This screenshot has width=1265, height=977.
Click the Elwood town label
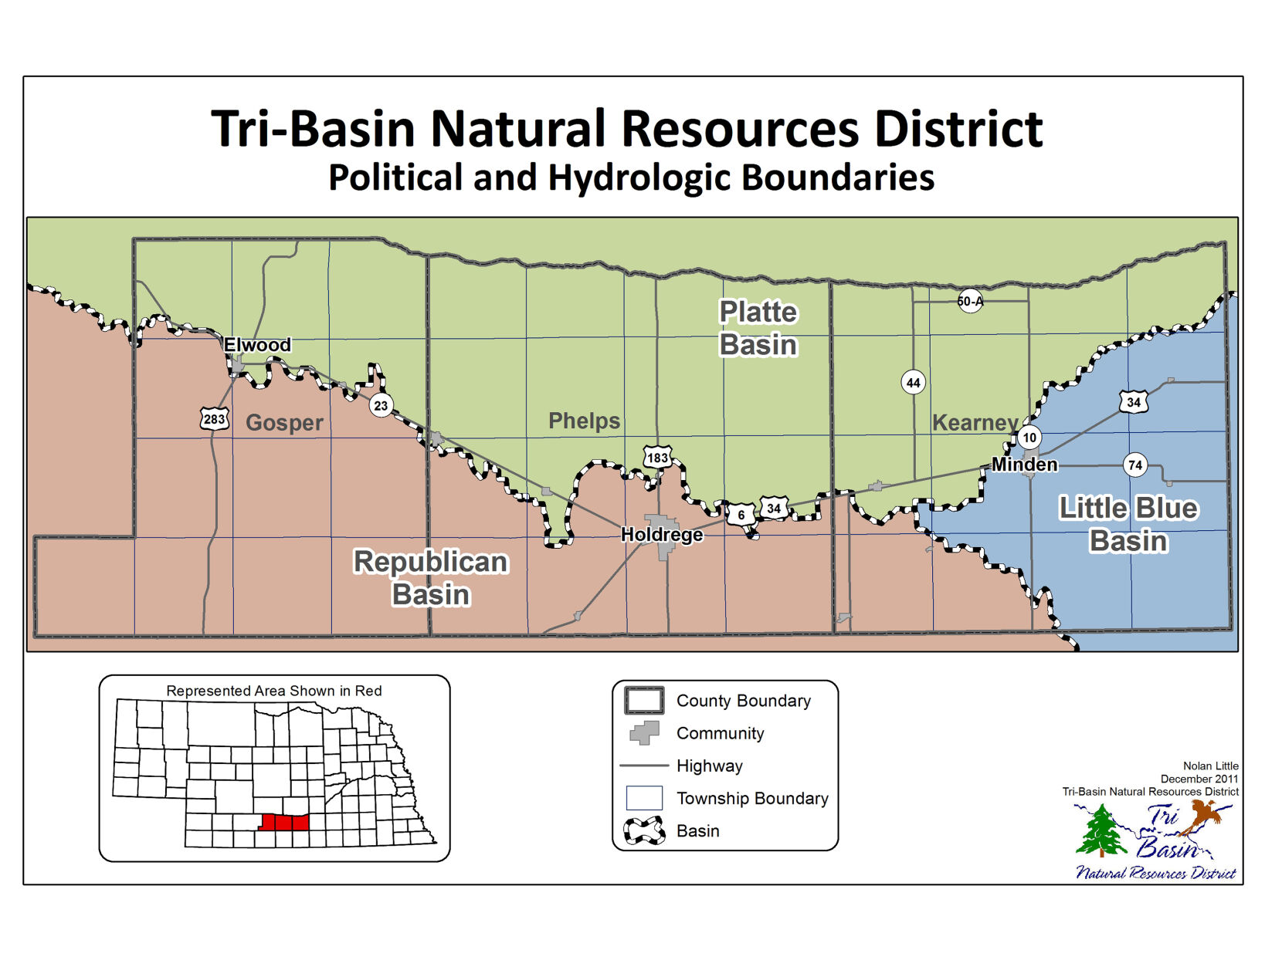pos(257,345)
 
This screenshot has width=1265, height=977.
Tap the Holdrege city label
pos(662,534)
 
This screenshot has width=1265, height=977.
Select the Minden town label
pos(1024,464)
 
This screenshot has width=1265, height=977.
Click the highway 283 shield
pos(214,419)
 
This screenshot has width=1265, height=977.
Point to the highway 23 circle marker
pos(381,405)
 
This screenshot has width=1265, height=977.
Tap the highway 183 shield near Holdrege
pos(657,457)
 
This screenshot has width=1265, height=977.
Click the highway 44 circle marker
pos(913,382)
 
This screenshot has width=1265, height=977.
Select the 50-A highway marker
pos(970,301)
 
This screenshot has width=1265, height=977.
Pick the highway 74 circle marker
pos(1134,465)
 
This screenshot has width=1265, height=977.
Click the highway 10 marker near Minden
pos(1029,438)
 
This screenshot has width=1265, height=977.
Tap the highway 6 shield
pos(741,515)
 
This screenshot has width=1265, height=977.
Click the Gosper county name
pos(284,423)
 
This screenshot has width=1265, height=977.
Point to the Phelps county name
pos(584,421)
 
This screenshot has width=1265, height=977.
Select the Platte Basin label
pos(758,328)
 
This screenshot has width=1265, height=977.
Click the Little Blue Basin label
pos(1128,524)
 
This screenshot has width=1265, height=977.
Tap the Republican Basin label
pos(430,578)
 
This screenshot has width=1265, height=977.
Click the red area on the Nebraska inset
pos(283,822)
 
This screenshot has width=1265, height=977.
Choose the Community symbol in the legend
pos(645,732)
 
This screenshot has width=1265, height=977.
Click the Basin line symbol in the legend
pos(644,830)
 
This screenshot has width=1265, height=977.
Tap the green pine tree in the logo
pos(1101,831)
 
